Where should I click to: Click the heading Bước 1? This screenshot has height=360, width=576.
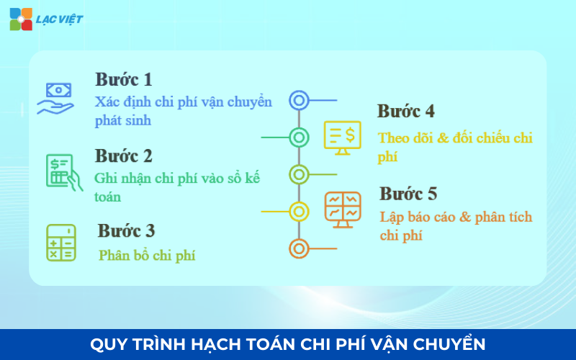pyautogui.click(x=123, y=79)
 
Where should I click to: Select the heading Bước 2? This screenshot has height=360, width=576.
pyautogui.click(x=123, y=156)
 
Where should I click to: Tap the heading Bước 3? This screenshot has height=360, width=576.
pyautogui.click(x=126, y=231)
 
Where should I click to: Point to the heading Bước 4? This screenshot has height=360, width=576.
pyautogui.click(x=405, y=112)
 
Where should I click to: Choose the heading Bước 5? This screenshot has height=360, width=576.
pyautogui.click(x=408, y=194)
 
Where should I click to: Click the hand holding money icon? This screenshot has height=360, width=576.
pyautogui.click(x=56, y=98)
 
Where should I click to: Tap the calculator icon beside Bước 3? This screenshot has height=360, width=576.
pyautogui.click(x=61, y=243)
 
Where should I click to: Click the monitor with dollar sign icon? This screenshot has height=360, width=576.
pyautogui.click(x=342, y=138)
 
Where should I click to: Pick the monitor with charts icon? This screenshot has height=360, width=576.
pyautogui.click(x=343, y=210)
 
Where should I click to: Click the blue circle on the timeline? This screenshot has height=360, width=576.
pyautogui.click(x=299, y=100)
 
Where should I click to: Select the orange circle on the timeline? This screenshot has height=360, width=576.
pyautogui.click(x=299, y=248)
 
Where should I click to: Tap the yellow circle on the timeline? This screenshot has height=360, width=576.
pyautogui.click(x=299, y=211)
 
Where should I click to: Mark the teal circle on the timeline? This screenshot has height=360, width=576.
pyautogui.click(x=299, y=136)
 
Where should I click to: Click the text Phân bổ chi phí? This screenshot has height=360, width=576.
pyautogui.click(x=147, y=255)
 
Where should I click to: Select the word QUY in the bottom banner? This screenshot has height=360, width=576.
pyautogui.click(x=107, y=344)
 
